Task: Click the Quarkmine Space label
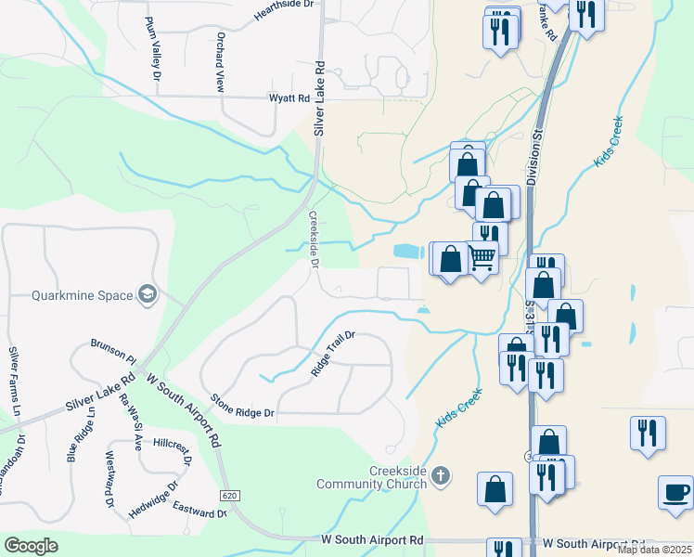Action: click(82, 296)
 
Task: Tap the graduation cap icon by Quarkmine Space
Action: click(147, 295)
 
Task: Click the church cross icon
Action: click(441, 476)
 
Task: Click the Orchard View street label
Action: click(221, 62)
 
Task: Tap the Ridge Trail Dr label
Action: click(333, 354)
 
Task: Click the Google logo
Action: click(31, 546)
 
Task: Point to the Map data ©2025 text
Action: click(654, 550)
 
